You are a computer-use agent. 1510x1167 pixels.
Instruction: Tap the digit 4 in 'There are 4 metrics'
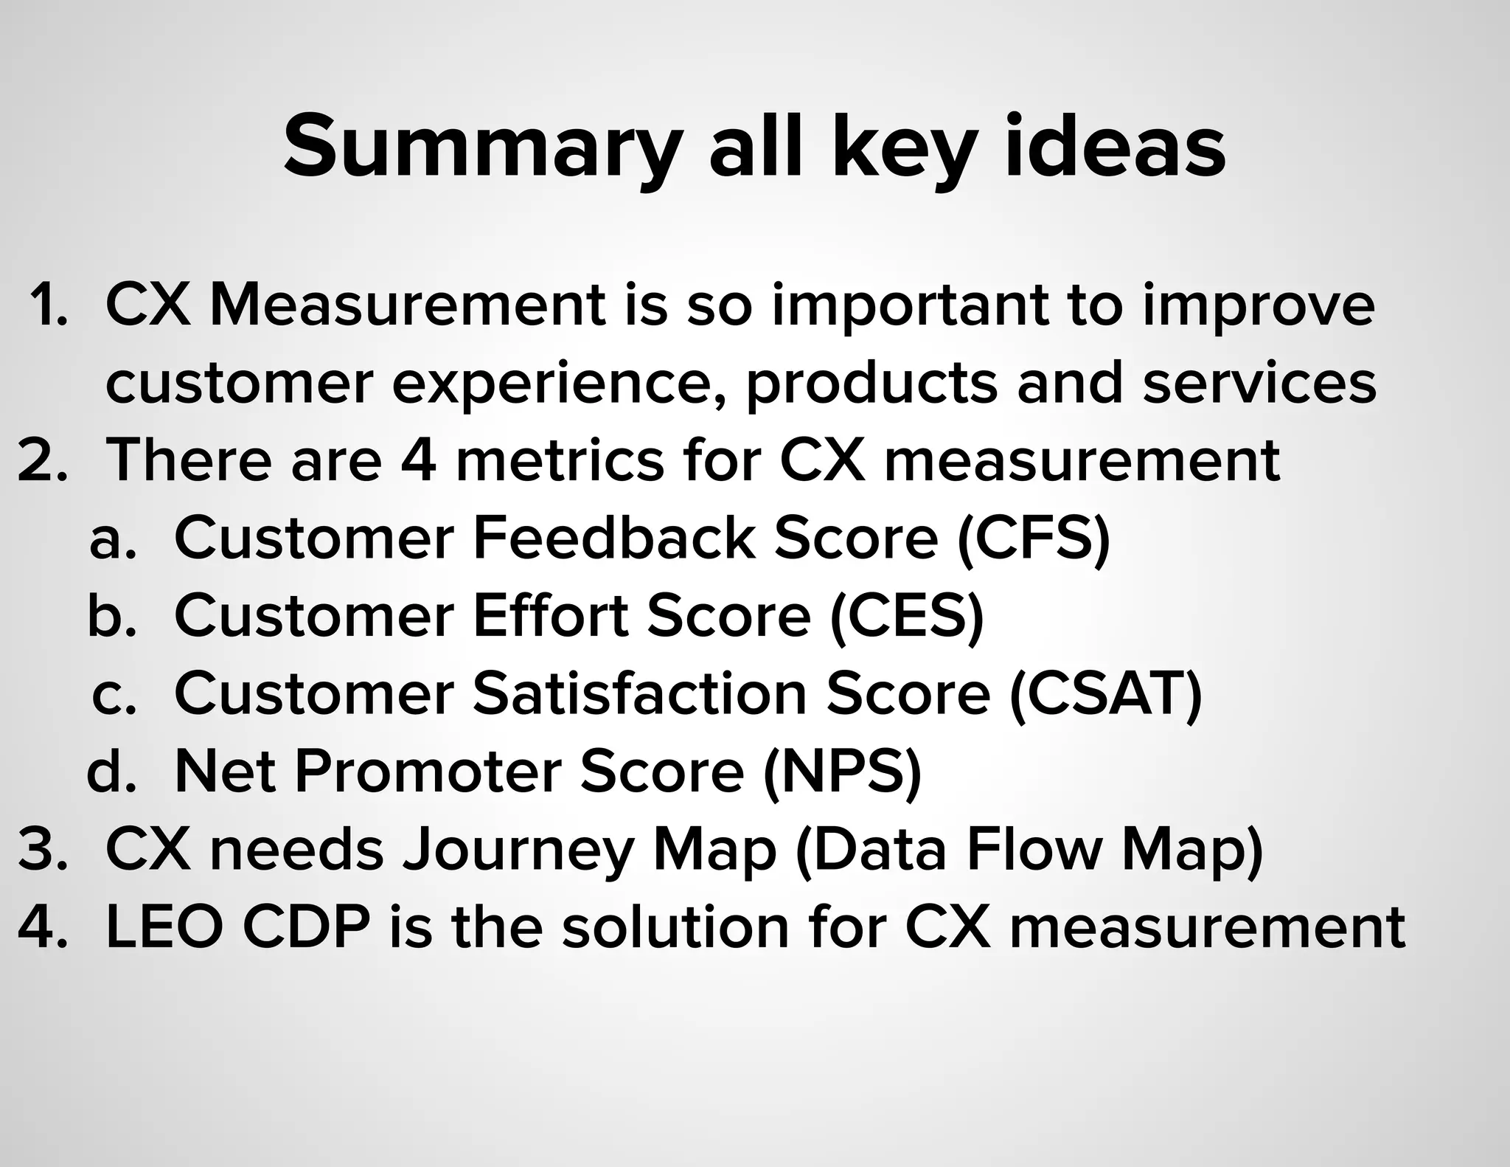[418, 460]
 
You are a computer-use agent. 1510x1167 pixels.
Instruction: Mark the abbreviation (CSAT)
[1105, 695]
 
